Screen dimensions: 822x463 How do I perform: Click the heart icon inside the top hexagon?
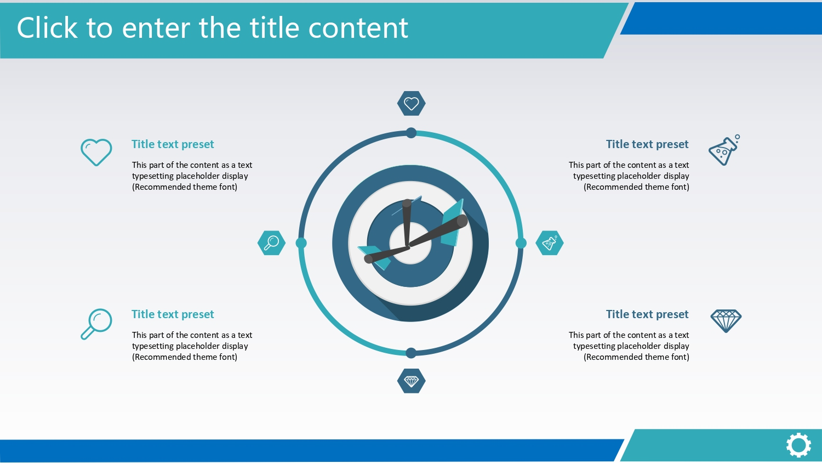point(412,104)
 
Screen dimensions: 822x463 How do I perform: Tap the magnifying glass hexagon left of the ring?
point(272,243)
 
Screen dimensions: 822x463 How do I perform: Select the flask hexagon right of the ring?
point(549,243)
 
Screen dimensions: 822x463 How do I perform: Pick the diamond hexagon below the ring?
point(412,381)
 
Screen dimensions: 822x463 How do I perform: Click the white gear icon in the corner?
point(798,445)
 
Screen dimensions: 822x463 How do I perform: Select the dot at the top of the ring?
point(412,133)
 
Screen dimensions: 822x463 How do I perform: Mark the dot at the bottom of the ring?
point(411,353)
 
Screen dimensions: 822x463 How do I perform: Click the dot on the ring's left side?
point(301,243)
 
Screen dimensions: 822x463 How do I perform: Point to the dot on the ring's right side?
point(521,243)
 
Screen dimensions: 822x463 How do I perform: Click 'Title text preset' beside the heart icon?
point(173,144)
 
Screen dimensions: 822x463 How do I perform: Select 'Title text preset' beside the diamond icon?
point(647,314)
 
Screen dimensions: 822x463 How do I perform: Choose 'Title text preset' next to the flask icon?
point(647,144)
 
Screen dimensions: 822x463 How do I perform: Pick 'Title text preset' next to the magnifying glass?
point(173,314)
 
